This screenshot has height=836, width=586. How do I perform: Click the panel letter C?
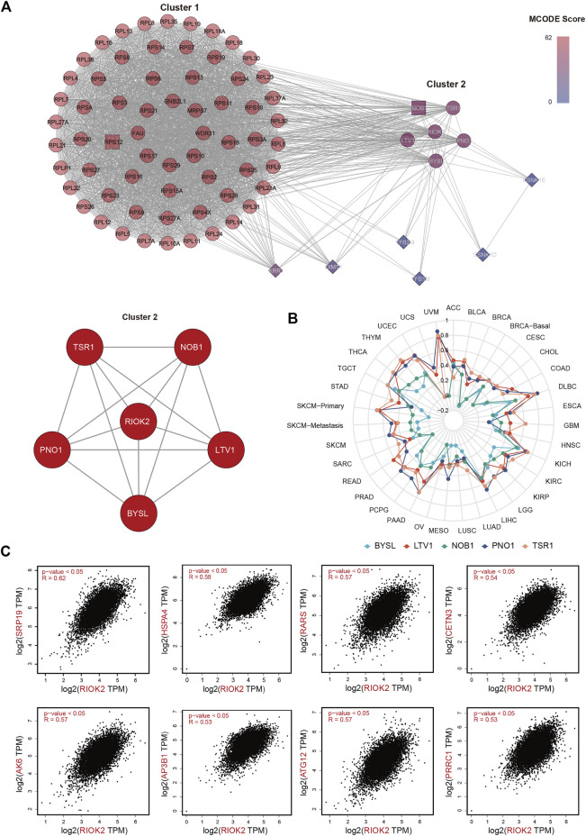click(8, 550)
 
